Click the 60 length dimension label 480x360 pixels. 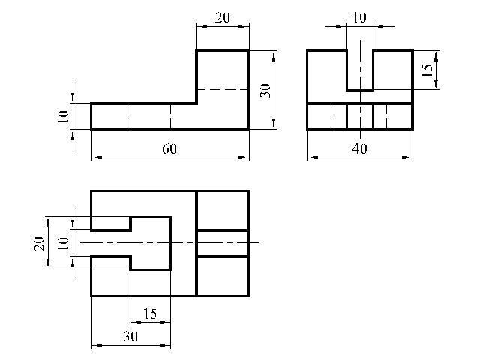(x=169, y=149)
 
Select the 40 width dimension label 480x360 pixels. (x=359, y=149)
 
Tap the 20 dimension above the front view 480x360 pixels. (x=222, y=18)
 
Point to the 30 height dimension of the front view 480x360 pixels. (x=265, y=90)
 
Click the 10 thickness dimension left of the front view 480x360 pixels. (x=63, y=117)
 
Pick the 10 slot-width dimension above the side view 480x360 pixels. (x=359, y=18)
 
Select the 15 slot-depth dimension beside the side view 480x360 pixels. (x=427, y=70)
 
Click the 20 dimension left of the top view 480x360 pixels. (x=39, y=243)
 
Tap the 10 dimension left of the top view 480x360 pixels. (x=63, y=243)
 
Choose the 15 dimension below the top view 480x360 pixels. (x=150, y=313)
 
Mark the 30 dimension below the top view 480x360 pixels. (x=130, y=337)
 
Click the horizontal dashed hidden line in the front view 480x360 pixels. (x=223, y=90)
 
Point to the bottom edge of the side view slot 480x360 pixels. (x=360, y=90)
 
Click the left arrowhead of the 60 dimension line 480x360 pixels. (x=97, y=157)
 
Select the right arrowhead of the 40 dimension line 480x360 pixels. (x=407, y=157)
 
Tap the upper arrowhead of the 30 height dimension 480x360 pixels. (x=273, y=56)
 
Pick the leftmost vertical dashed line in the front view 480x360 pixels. (x=131, y=117)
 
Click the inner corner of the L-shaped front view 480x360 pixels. (x=196, y=103)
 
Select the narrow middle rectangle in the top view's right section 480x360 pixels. (x=223, y=243)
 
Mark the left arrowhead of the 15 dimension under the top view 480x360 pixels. (x=136, y=322)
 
